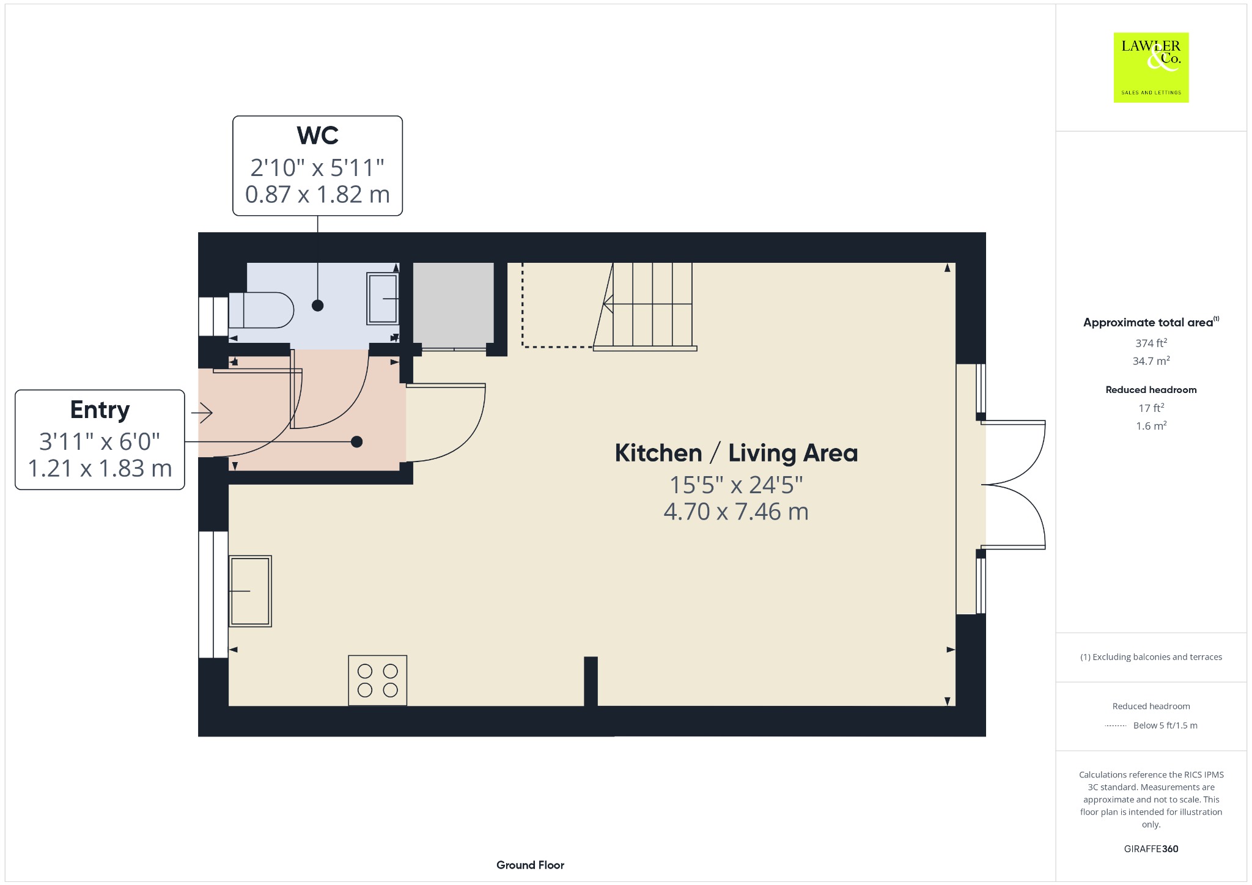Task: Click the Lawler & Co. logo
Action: click(1151, 67)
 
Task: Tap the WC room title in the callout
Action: click(317, 135)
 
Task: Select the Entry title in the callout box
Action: click(100, 410)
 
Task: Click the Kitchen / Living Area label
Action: click(736, 453)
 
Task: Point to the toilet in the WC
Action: click(261, 310)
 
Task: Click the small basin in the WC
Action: click(383, 298)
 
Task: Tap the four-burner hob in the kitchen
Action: click(378, 680)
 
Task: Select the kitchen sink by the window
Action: click(250, 591)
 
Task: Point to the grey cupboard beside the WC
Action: click(454, 303)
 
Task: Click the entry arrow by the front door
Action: click(202, 413)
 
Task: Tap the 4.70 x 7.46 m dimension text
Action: click(736, 512)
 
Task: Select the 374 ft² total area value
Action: click(1151, 343)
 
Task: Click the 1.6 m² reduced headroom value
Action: click(1151, 425)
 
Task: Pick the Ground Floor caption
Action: click(530, 865)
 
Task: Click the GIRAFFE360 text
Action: click(1151, 848)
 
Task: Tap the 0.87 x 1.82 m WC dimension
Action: click(317, 194)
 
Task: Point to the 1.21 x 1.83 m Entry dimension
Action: click(100, 468)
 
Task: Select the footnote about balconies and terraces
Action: click(1151, 657)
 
